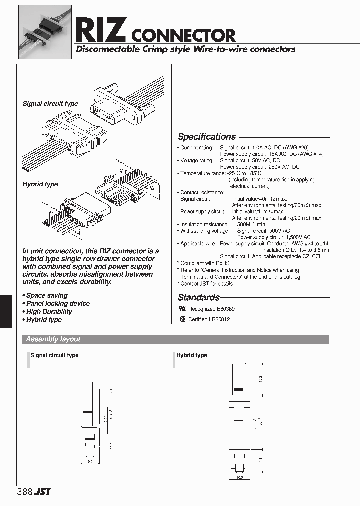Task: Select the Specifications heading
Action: pos(207,137)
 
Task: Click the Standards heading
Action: pos(199,297)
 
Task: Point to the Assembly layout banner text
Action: pos(53,339)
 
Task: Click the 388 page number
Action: pos(24,491)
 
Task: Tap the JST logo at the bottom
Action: pos(43,492)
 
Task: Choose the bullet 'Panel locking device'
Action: pos(57,303)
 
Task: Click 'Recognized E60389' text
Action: pos(211,309)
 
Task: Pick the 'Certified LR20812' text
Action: pos(209,320)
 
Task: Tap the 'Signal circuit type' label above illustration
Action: pos(50,104)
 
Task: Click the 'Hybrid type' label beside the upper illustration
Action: pos(40,184)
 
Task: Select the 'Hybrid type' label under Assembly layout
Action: pos(191,355)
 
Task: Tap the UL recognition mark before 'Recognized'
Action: pos(182,309)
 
